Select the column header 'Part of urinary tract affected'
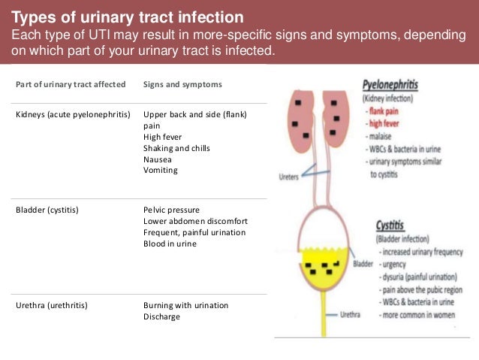tap(71, 84)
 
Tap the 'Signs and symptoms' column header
tap(182, 84)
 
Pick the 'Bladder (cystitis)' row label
tap(47, 210)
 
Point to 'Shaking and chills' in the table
tap(176, 148)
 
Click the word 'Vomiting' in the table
tap(160, 170)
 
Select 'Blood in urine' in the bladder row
tap(170, 244)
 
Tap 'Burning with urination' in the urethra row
tap(185, 305)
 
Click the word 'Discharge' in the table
tap(161, 316)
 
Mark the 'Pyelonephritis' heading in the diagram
tap(390, 86)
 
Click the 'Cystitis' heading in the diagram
tap(393, 225)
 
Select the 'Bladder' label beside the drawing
tap(363, 265)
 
